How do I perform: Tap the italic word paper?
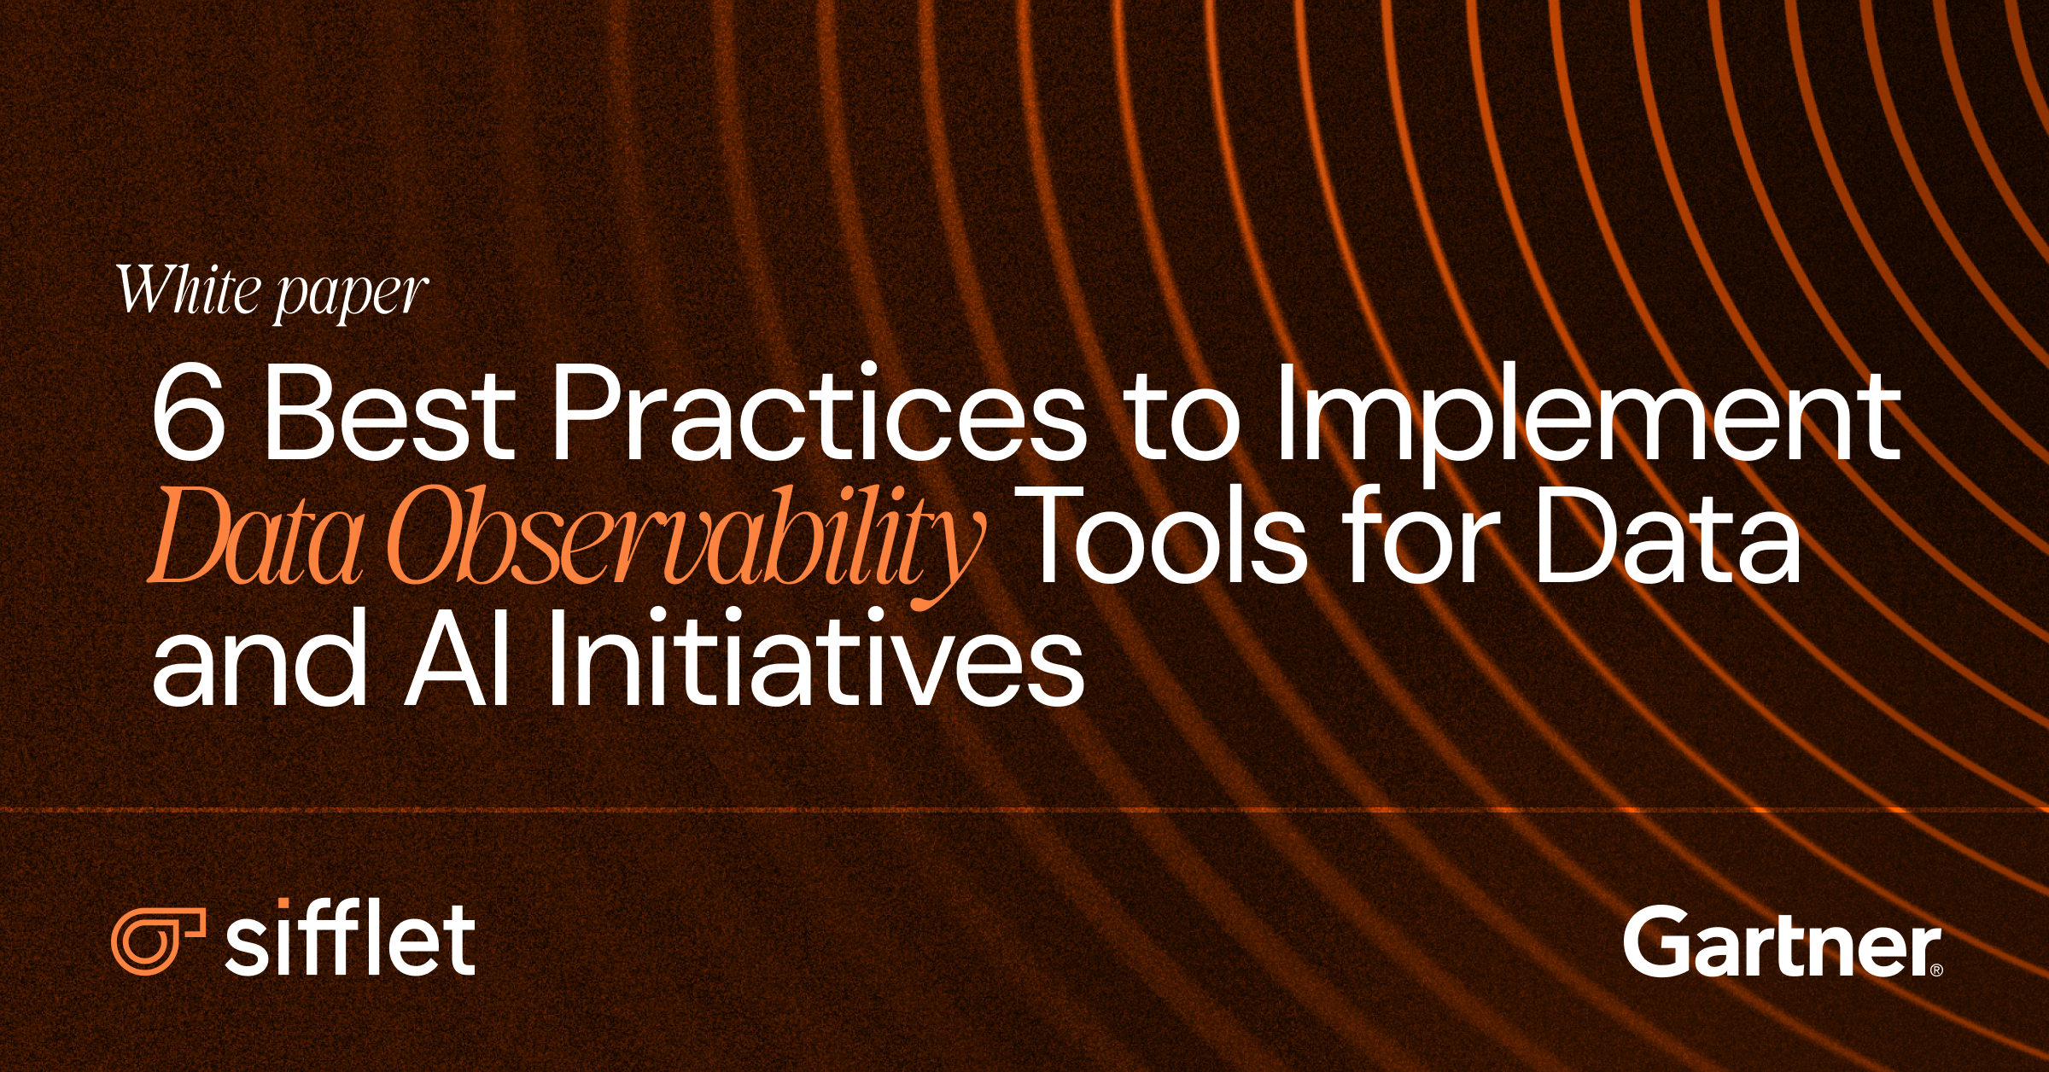[351, 295]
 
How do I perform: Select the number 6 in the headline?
[189, 412]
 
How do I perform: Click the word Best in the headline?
[389, 412]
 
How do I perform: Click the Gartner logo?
[1781, 942]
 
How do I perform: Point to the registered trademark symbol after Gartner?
[1935, 970]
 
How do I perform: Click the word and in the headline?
[260, 661]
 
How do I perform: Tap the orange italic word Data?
[257, 539]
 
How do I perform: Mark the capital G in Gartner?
[1655, 942]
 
